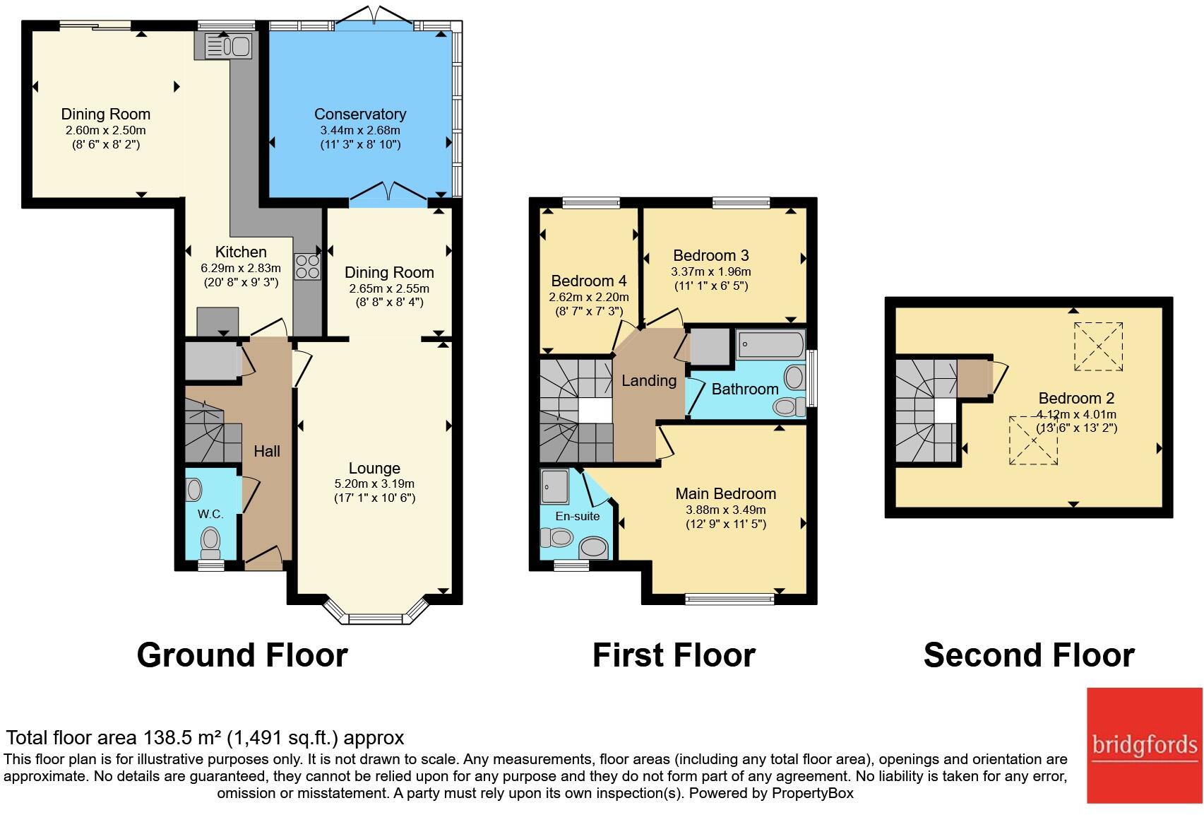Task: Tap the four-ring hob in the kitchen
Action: tap(307, 266)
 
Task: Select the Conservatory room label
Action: tap(360, 114)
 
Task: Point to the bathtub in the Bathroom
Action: tap(771, 344)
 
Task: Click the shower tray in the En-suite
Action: tap(555, 487)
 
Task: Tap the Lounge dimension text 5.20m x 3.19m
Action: tap(375, 483)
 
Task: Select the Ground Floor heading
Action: tap(242, 655)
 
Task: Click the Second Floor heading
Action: tap(1029, 655)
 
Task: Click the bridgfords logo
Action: tap(1145, 745)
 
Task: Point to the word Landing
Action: tap(649, 381)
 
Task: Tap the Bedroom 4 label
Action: tap(589, 281)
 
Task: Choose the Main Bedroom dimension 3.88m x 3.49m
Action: tap(726, 510)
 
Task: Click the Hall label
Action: tap(267, 452)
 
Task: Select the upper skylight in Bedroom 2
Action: tap(1098, 346)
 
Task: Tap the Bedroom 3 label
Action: tap(711, 256)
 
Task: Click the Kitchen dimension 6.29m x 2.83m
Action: tap(241, 268)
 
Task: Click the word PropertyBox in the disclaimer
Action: tap(813, 793)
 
